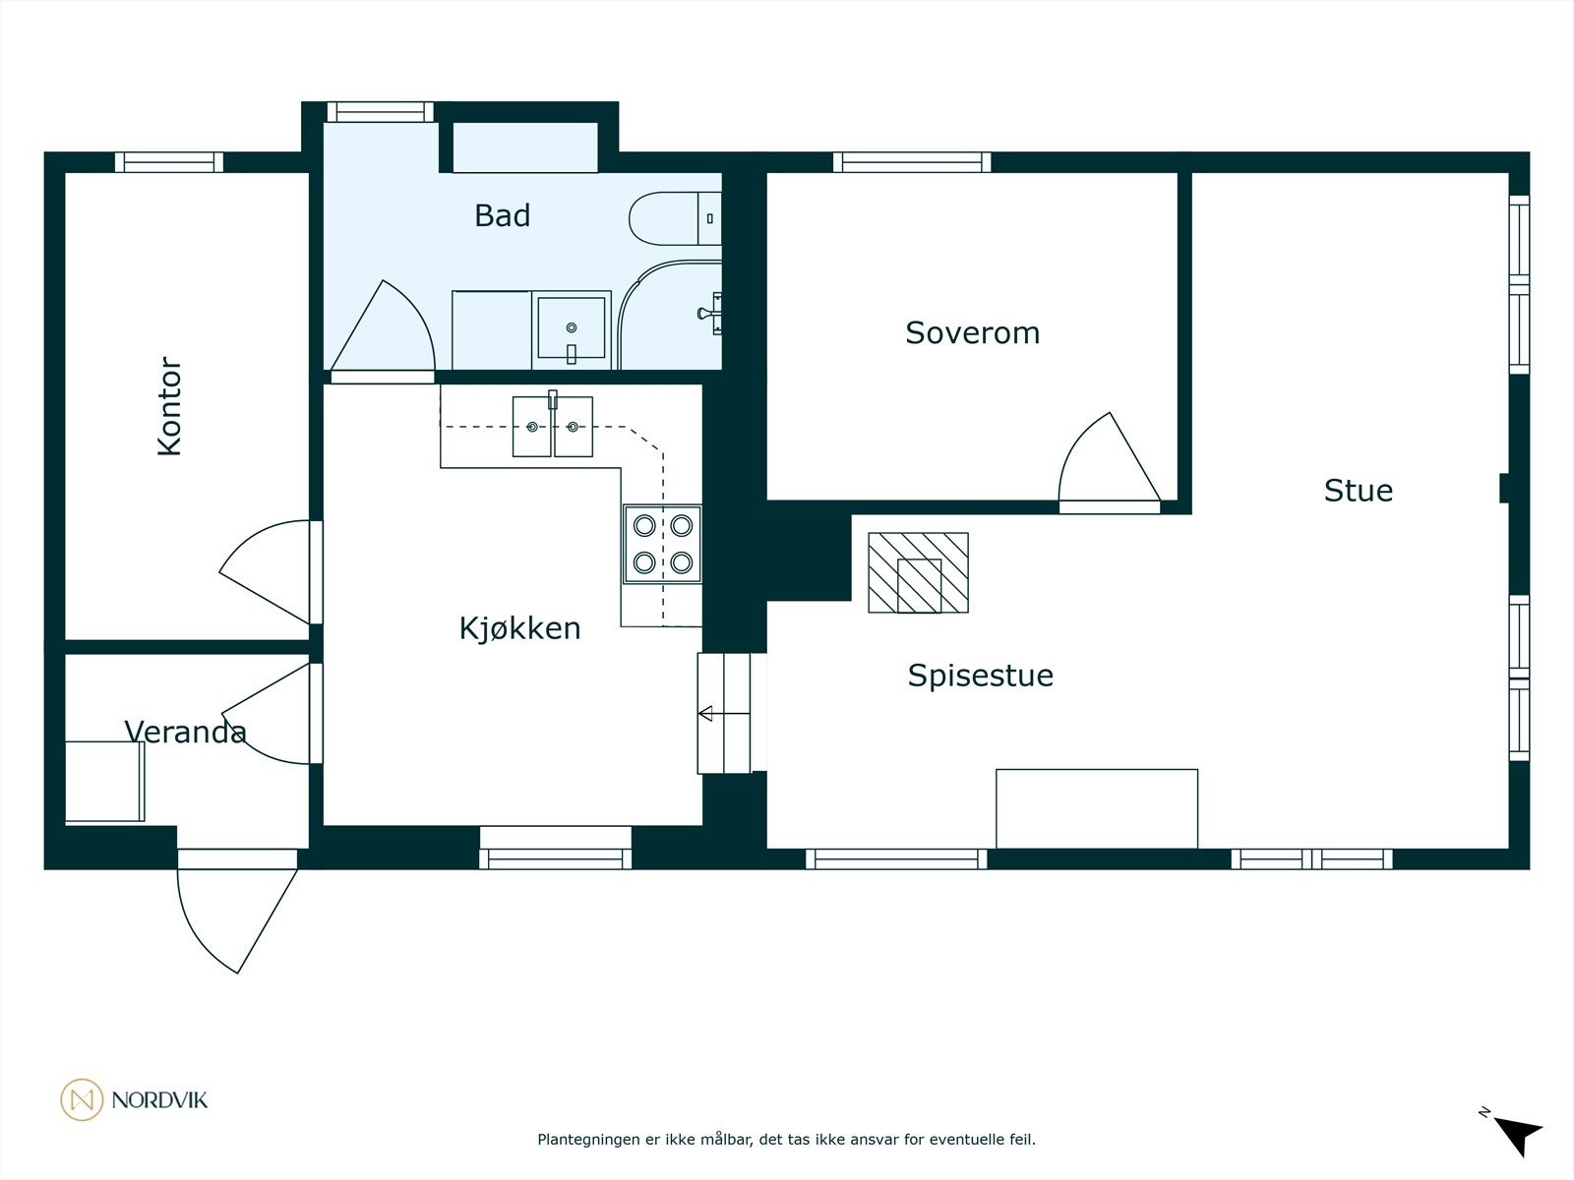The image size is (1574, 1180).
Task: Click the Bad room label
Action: tap(502, 215)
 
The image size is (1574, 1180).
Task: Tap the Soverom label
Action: tap(972, 333)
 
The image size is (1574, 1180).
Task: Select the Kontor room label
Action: tap(170, 406)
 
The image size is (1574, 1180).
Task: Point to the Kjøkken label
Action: tap(519, 628)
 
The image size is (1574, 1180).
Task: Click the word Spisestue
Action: tap(980, 676)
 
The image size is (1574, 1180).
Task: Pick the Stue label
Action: tap(1359, 491)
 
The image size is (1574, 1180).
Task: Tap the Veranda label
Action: tap(185, 732)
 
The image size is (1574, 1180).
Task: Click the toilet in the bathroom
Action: tap(675, 218)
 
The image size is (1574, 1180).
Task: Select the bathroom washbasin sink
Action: tap(572, 329)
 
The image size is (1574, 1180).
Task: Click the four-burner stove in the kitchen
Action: tap(663, 544)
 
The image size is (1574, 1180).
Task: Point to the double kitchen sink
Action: tap(552, 427)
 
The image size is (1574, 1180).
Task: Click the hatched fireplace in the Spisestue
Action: tap(919, 572)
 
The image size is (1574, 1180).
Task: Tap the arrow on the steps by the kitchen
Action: tap(724, 714)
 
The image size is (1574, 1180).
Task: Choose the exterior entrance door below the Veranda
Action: tap(237, 912)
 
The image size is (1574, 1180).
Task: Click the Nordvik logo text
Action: tap(159, 1099)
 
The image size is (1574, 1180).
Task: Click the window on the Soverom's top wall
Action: tap(912, 162)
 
